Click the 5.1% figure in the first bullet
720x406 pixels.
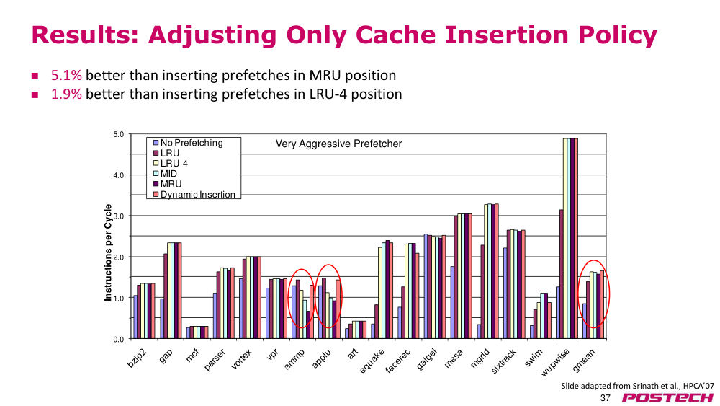(66, 75)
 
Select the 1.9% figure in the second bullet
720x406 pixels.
(66, 94)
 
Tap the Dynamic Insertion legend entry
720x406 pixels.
(194, 194)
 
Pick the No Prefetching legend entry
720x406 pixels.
(188, 143)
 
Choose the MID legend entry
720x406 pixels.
(165, 173)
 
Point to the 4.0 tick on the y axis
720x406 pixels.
(119, 175)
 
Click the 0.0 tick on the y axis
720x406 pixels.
(119, 340)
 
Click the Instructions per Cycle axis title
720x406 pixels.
(108, 252)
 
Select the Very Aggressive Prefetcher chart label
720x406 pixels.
(338, 144)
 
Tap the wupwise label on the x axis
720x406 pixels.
(556, 362)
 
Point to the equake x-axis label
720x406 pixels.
(372, 361)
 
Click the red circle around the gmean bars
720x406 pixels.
(609, 294)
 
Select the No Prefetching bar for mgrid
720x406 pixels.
(479, 332)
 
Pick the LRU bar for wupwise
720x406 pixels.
(561, 274)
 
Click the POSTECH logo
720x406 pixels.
(667, 398)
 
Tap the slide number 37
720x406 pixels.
(606, 398)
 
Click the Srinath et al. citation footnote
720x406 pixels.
(637, 386)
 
